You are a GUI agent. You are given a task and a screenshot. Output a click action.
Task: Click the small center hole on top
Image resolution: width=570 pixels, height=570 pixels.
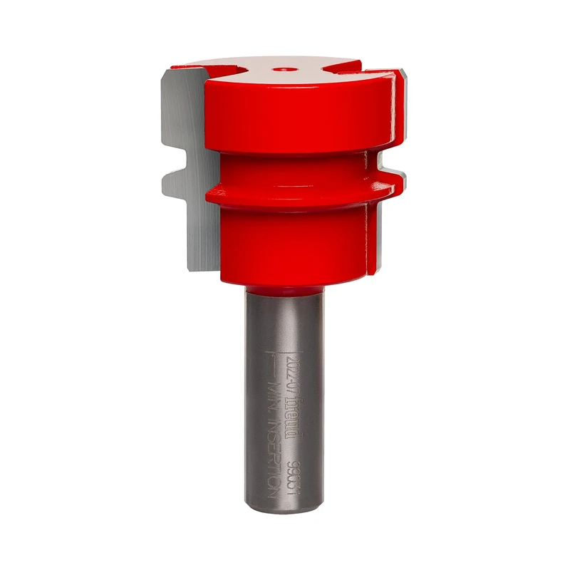point(284,70)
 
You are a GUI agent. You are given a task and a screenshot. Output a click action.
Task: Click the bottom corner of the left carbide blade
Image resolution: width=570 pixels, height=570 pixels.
point(191,269)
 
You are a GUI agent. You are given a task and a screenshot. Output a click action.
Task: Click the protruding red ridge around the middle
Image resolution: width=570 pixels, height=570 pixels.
point(299,191)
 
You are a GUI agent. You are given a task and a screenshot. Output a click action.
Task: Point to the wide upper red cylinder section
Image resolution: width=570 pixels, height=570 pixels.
point(299,114)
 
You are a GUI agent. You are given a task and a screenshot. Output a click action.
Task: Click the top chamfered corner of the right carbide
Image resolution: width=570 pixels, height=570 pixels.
point(403,74)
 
